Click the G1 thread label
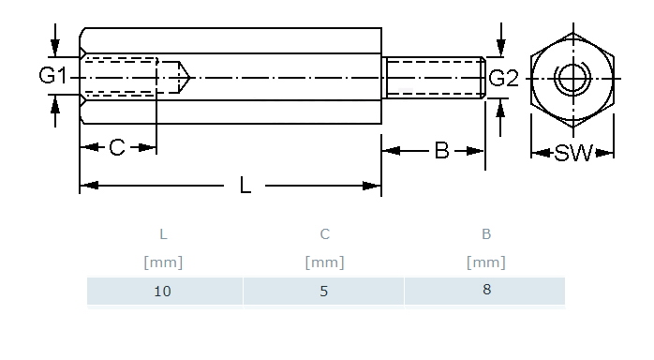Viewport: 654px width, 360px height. (52, 76)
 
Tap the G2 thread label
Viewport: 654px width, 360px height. (503, 79)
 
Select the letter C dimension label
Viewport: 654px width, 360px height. (117, 147)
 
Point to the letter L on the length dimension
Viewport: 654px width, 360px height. (245, 186)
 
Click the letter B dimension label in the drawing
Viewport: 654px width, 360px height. (441, 151)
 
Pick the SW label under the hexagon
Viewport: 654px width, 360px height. (573, 153)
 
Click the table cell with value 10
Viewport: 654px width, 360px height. (163, 291)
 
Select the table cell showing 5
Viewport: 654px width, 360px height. (324, 291)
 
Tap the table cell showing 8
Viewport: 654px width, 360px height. (485, 291)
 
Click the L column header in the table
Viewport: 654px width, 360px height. (163, 234)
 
